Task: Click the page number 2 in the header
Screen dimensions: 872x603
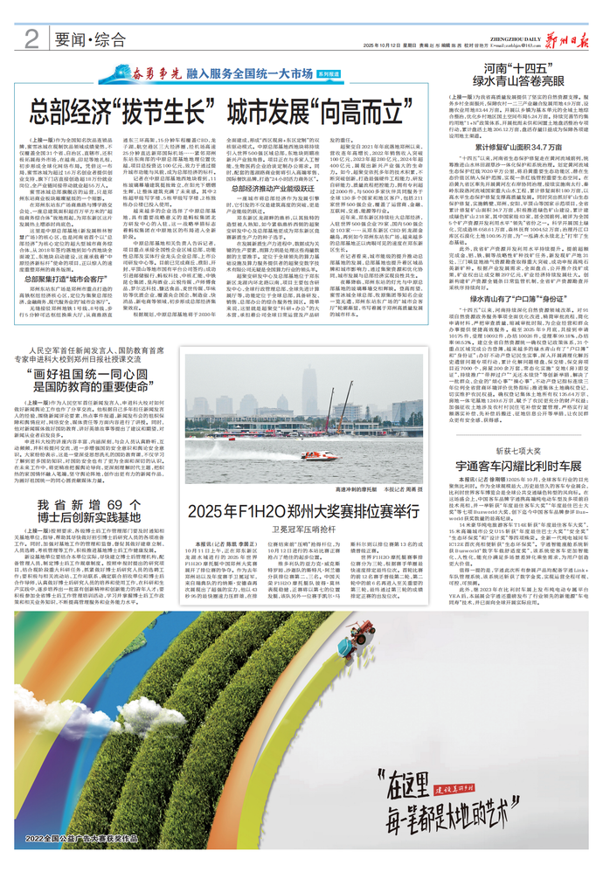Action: (x=31, y=38)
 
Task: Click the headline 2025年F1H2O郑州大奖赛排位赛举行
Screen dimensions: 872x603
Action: (x=298, y=509)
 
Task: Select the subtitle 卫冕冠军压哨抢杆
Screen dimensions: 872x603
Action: (x=298, y=528)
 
